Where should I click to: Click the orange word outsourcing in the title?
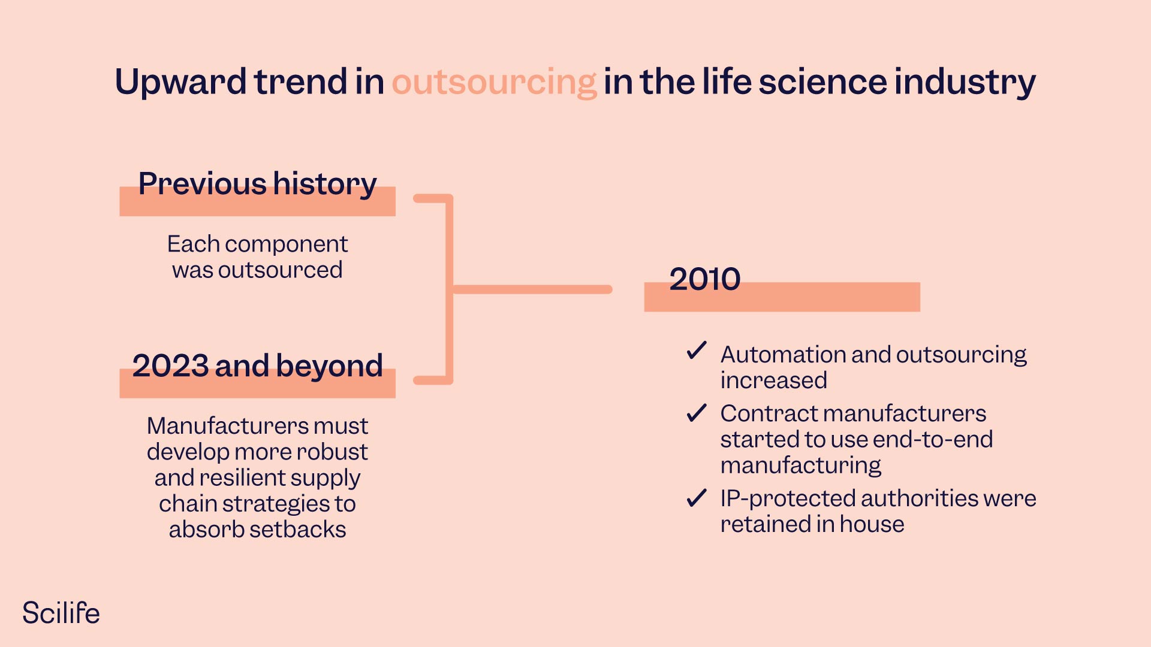pos(494,82)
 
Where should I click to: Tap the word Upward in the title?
pos(180,82)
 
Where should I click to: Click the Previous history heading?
pos(257,184)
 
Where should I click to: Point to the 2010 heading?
pos(705,279)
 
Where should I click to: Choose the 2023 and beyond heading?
pos(257,366)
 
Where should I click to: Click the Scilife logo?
pos(61,613)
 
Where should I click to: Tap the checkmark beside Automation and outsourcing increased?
pos(697,350)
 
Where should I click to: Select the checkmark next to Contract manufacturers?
pos(697,413)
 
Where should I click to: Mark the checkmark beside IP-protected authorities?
pos(697,498)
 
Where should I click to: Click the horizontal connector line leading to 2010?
pos(532,289)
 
